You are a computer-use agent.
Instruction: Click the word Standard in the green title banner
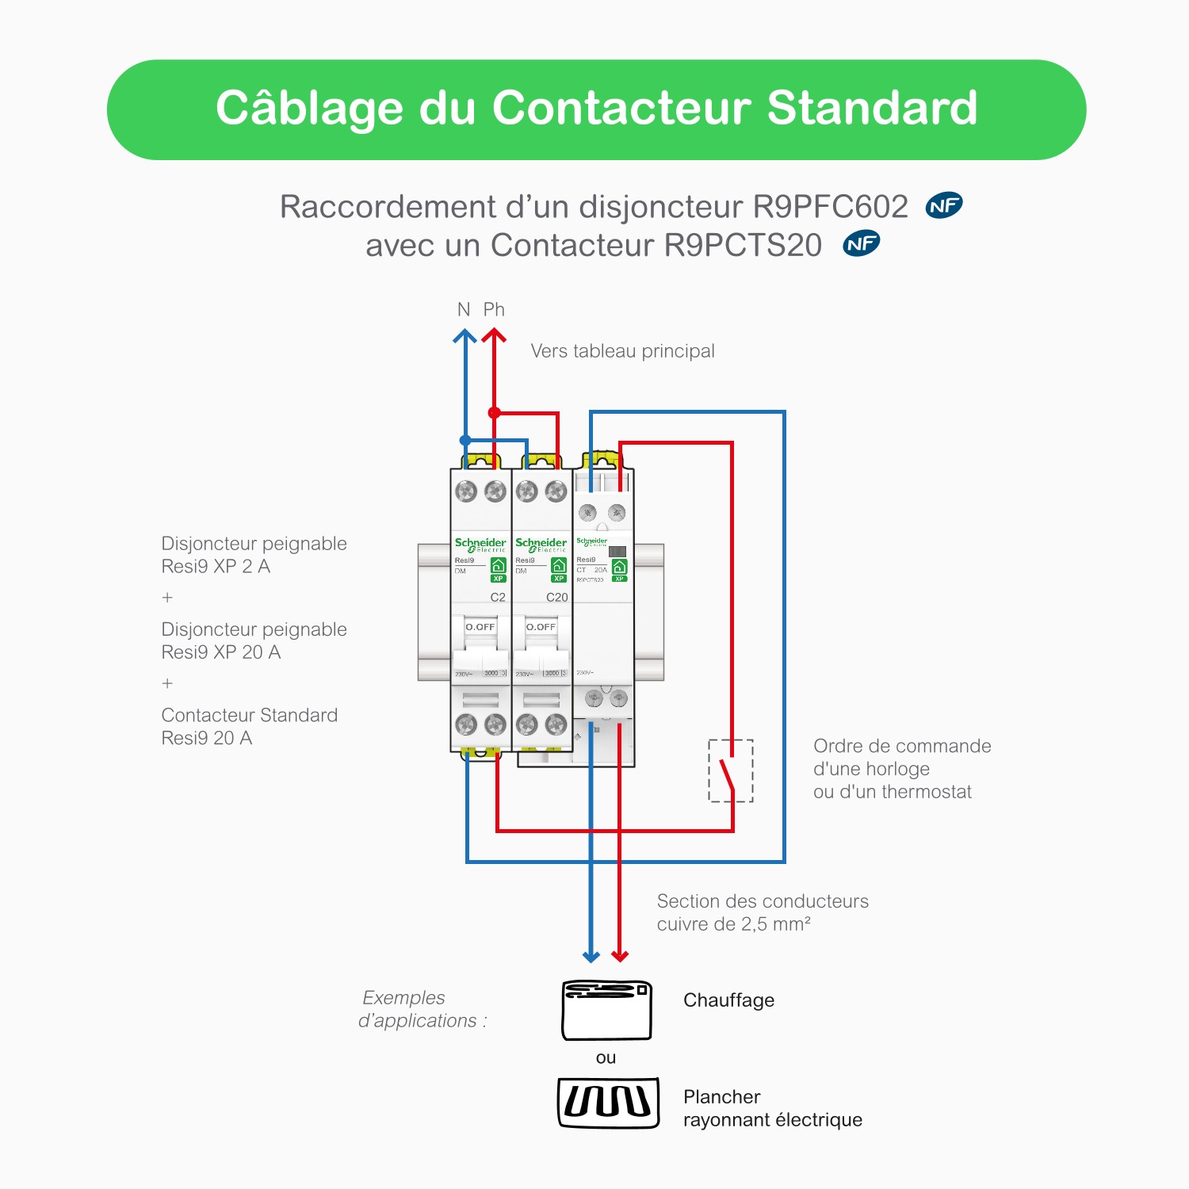[x=872, y=108]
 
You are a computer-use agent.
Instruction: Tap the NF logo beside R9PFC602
[x=944, y=206]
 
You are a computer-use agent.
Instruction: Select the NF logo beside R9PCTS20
[x=862, y=244]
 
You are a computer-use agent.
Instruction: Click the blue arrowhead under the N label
[x=465, y=337]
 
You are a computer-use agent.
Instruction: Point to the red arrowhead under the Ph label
[x=494, y=337]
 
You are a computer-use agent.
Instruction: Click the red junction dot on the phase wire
[x=494, y=412]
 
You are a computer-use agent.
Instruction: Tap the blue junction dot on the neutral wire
[x=465, y=440]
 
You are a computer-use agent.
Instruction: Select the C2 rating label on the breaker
[x=498, y=597]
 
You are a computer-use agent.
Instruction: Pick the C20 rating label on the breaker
[x=557, y=597]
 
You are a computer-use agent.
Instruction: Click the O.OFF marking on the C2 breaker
[x=480, y=627]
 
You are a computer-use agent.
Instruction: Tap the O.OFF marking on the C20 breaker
[x=541, y=627]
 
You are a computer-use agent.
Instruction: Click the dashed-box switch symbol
[x=730, y=770]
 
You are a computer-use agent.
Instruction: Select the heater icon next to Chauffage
[x=606, y=1011]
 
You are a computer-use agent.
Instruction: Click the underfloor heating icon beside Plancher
[x=608, y=1102]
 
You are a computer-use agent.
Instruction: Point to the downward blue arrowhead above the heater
[x=591, y=955]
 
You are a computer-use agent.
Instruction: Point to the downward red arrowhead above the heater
[x=620, y=955]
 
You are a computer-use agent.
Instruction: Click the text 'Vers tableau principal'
[x=622, y=351]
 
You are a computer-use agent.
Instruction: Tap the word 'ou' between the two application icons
[x=606, y=1057]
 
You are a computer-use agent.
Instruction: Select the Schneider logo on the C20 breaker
[x=541, y=544]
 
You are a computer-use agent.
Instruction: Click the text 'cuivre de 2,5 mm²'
[x=733, y=924]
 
